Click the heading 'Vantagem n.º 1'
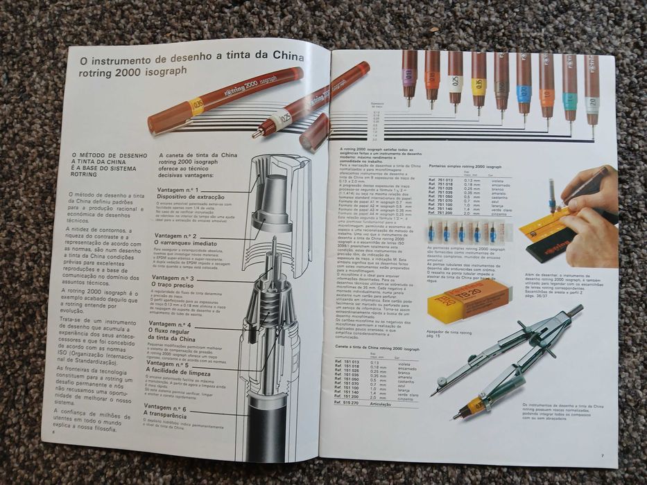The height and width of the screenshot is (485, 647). pyautogui.click(x=178, y=189)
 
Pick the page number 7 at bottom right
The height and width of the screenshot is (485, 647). pyautogui.click(x=602, y=454)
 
